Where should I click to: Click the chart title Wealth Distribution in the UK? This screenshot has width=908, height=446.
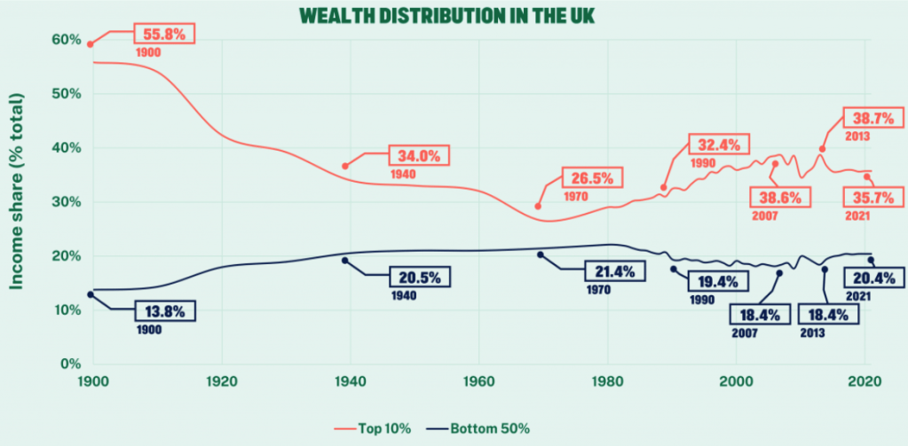tap(453, 16)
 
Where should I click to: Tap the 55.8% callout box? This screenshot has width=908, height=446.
tap(164, 35)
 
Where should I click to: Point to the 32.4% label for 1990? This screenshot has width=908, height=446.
tap(719, 145)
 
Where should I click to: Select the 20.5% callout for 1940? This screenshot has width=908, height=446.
tap(418, 276)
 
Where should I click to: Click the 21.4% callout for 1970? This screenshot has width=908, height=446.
tap(612, 271)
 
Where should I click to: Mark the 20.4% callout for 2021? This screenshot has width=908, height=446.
tap(875, 278)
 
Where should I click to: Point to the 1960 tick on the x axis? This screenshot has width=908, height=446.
tap(479, 379)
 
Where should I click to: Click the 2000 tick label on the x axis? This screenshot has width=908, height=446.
tap(736, 379)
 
